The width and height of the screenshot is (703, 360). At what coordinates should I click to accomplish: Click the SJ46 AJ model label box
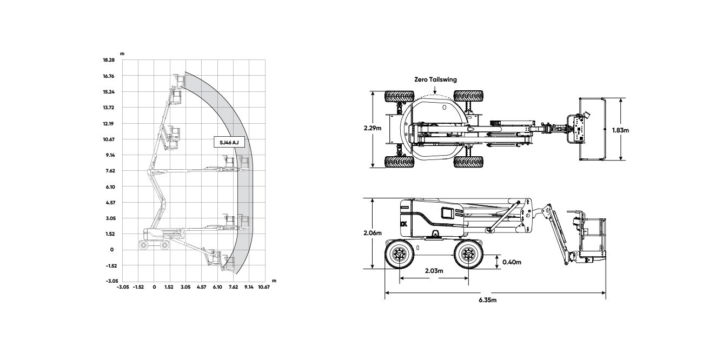(229, 142)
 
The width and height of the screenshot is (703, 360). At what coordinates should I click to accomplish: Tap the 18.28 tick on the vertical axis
(109, 60)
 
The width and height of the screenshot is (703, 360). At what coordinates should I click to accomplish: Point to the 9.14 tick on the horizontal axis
(249, 287)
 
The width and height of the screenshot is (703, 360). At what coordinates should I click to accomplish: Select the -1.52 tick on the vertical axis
(111, 265)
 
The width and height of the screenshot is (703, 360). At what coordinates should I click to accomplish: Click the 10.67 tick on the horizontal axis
(264, 287)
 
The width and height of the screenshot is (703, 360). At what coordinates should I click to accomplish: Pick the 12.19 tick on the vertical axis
(108, 124)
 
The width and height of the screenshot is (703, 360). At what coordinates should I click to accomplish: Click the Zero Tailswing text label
(436, 79)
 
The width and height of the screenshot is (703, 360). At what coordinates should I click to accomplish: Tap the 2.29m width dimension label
(373, 128)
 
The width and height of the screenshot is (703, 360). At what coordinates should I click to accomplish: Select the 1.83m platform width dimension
(620, 130)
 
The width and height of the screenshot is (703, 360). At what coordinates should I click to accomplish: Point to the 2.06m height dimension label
(373, 233)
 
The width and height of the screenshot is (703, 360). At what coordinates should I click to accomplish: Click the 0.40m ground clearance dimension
(512, 262)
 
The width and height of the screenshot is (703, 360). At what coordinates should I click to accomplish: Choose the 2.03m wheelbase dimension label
(434, 271)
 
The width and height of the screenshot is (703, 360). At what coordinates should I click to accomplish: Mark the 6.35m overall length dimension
(488, 300)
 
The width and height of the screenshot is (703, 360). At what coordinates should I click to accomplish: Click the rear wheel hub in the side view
(400, 254)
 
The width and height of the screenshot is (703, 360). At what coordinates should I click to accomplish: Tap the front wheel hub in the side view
(468, 254)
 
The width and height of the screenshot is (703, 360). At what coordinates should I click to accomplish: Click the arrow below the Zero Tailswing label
(435, 89)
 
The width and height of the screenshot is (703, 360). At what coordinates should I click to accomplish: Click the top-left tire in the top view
(399, 97)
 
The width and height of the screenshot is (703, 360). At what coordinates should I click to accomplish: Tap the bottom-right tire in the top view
(468, 162)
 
